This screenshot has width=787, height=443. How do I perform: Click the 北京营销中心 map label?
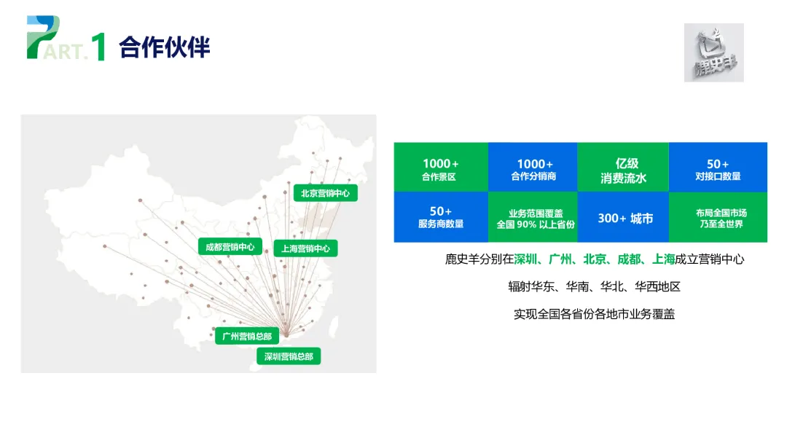[x=325, y=194]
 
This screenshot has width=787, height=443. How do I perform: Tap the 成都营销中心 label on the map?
[x=230, y=247]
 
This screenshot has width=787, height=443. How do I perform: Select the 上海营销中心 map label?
[x=305, y=248]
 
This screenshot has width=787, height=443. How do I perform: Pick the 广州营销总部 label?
[x=247, y=337]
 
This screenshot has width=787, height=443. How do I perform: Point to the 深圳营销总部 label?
[x=289, y=356]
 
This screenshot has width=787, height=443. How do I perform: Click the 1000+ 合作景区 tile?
[x=440, y=170]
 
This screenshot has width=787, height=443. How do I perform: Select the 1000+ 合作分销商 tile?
[x=533, y=170]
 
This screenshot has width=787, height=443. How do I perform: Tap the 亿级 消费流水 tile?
[x=623, y=170]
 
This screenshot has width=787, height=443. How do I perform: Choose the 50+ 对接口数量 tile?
[x=718, y=170]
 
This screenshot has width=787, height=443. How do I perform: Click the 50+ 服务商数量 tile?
[x=440, y=217]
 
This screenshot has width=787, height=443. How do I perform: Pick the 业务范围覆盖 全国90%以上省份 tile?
[x=533, y=217]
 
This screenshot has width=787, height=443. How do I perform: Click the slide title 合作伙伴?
[x=164, y=47]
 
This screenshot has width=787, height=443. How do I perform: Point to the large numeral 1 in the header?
[x=99, y=46]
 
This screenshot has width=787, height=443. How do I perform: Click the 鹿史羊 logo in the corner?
[x=713, y=52]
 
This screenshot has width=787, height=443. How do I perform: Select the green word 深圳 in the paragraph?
[x=525, y=259]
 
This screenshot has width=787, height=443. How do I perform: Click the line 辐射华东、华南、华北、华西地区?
[x=594, y=286]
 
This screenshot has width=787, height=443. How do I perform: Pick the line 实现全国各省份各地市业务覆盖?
[x=594, y=314]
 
